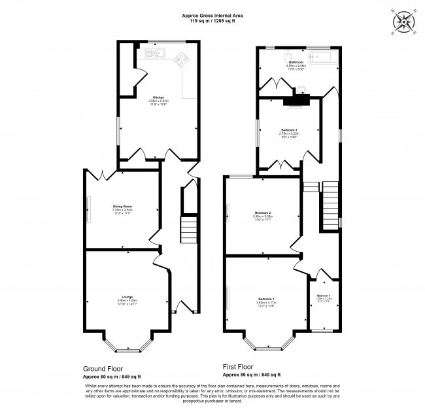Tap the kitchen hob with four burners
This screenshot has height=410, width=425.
click(184, 60)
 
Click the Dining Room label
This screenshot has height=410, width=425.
click(123, 209)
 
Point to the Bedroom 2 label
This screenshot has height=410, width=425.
click(262, 214)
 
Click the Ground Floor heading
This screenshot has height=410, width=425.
click(103, 368)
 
